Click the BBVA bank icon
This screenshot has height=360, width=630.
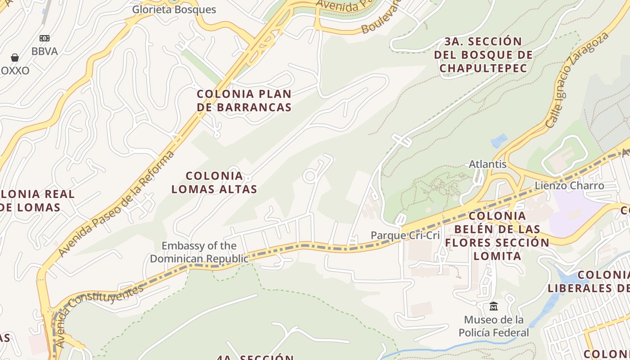coord(45,38)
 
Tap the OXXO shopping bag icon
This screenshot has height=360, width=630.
coord(15,58)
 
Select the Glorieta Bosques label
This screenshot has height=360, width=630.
coord(174,9)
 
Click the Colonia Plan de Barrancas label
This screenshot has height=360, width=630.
coord(244,100)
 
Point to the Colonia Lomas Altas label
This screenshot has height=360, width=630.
coord(214,182)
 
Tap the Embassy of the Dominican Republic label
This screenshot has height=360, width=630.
coord(199,252)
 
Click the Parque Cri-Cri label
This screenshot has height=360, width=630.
coord(405,235)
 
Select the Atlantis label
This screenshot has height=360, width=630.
coord(488,164)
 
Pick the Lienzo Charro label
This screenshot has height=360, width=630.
coord(569,185)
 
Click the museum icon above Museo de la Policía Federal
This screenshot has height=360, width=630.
coord(494,306)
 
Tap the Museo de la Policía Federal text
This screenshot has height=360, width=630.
coord(494,326)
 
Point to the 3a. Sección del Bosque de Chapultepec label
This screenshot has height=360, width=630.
coord(483,55)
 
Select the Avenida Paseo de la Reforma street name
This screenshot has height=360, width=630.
coord(116,203)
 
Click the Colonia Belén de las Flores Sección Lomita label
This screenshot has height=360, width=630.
coord(497,236)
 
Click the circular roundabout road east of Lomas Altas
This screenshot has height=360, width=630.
coord(310,176)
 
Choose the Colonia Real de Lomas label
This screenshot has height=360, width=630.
coord(31,201)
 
